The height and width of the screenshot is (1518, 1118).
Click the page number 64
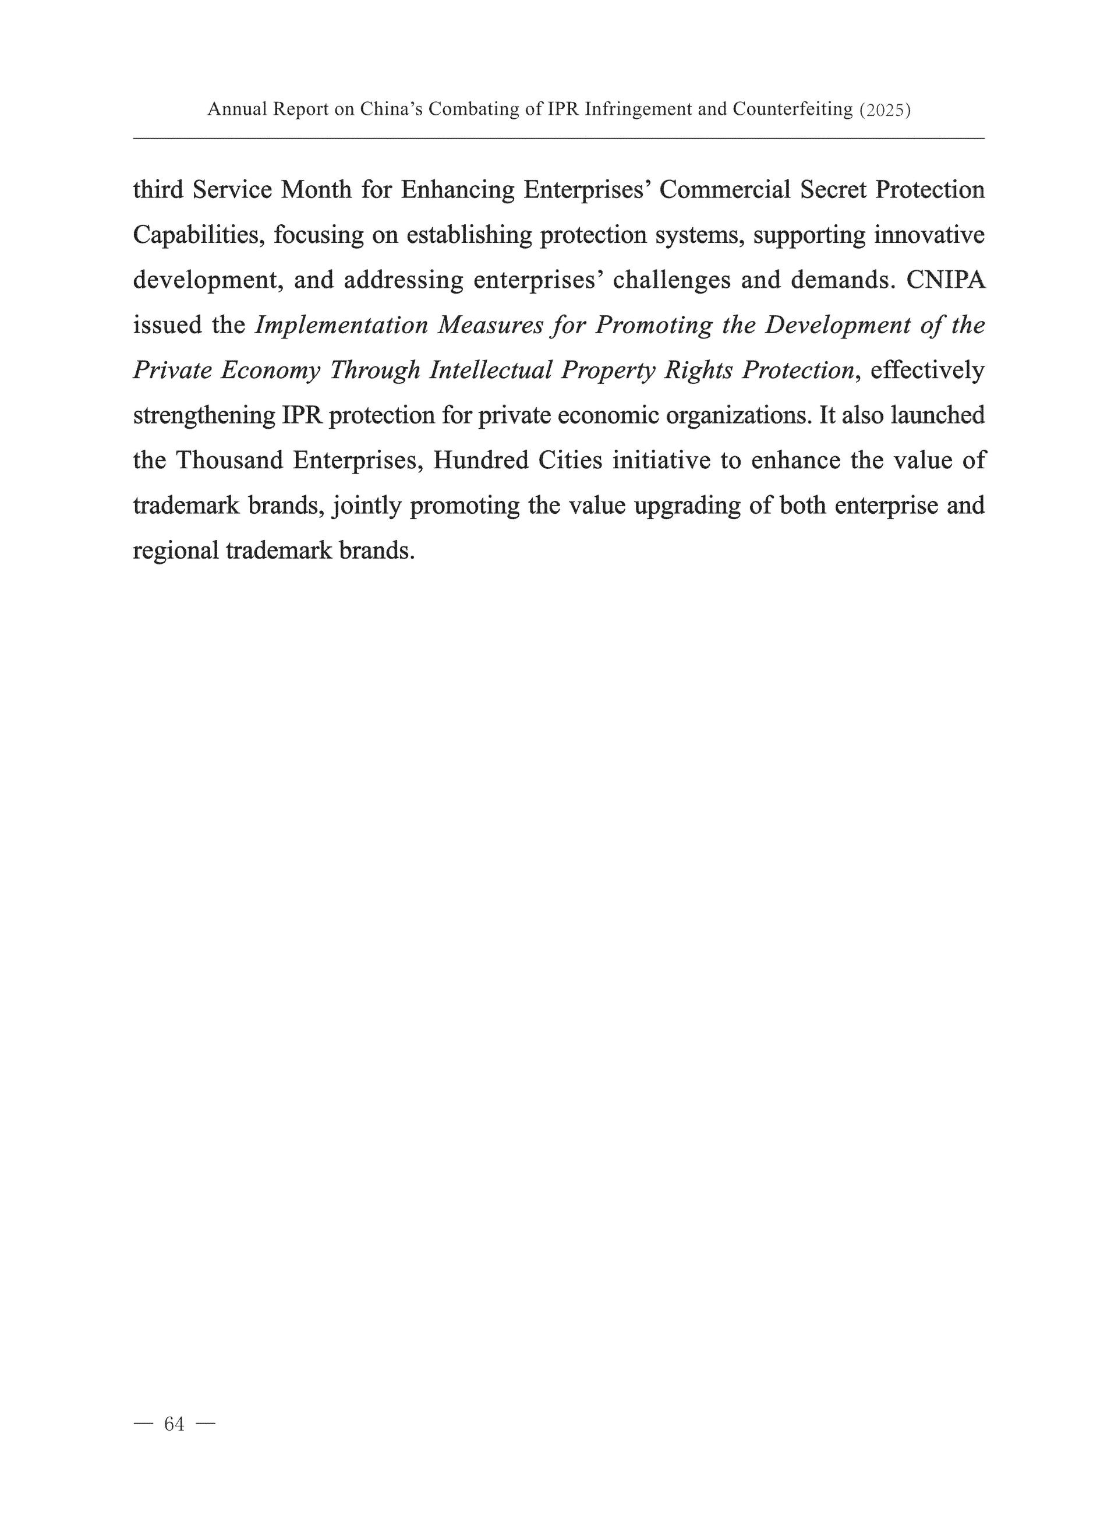point(174,1425)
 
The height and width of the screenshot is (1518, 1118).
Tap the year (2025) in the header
point(885,110)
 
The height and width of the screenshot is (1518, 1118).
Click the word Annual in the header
point(238,109)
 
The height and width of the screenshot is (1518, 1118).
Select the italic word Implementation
point(341,326)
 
